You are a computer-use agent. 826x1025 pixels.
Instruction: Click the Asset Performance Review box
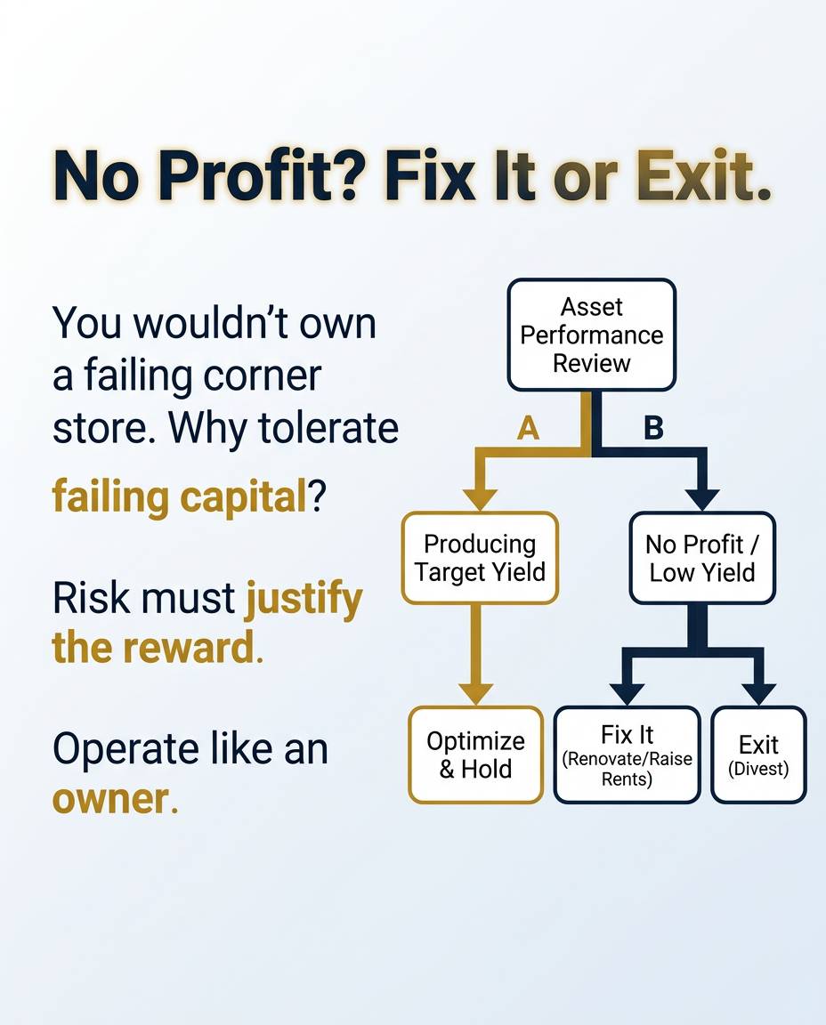point(591,335)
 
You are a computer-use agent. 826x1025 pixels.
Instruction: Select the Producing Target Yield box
point(480,558)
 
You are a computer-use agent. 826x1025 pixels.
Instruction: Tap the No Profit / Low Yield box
point(702,558)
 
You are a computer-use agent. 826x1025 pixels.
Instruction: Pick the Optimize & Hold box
point(475,755)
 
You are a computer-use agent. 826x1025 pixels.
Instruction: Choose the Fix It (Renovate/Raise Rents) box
point(628,755)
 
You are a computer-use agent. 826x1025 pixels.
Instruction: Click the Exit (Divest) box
point(758,755)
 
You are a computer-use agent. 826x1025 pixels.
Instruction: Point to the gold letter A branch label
point(528,429)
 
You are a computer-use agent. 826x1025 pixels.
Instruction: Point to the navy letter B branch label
point(653,429)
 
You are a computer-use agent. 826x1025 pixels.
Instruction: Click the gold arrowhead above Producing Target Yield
point(480,498)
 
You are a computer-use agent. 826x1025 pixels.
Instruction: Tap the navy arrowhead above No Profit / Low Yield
point(702,498)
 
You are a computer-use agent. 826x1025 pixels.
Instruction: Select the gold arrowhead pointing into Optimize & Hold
point(475,692)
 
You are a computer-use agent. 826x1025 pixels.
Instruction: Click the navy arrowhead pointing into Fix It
point(628,692)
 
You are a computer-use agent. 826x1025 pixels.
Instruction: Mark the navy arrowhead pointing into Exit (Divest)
point(758,692)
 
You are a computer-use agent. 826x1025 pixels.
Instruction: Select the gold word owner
point(109,798)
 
